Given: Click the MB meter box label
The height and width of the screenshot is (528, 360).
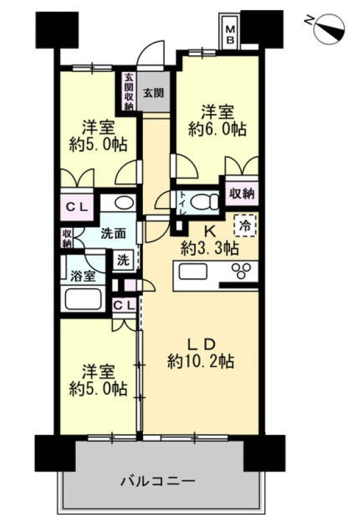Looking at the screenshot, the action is tap(230, 34).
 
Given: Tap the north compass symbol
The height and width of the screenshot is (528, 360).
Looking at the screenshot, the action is tap(328, 29).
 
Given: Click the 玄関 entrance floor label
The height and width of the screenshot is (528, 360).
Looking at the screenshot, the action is tap(154, 93).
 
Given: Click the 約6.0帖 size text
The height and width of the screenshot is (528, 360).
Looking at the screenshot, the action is tap(217, 129).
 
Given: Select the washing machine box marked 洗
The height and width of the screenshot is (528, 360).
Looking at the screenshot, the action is tap(123, 259).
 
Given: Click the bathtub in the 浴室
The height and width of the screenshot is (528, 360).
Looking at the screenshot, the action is tap(83, 299).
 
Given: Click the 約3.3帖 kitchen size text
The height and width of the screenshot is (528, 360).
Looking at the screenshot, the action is tap(210, 249).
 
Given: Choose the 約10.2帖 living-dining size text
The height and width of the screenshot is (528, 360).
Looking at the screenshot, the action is tap(201, 362).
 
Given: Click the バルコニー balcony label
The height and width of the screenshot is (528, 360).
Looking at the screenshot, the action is tap(158, 480).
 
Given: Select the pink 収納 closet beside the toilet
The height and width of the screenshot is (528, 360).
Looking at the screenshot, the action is tap(242, 193).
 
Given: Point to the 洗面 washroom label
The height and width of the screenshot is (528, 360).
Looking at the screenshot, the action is tap(114, 233).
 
